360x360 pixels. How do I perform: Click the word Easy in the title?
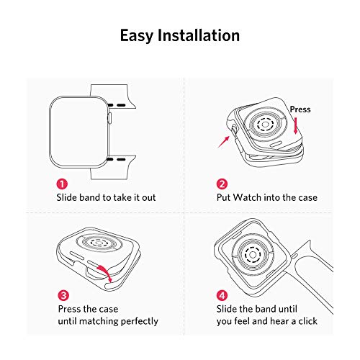click(136, 36)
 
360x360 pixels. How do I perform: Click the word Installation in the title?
click(199, 35)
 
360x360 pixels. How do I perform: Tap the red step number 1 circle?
click(62, 184)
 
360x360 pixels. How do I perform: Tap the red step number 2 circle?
click(222, 184)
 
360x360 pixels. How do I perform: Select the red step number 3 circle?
click(63, 295)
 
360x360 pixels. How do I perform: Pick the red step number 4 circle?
click(222, 295)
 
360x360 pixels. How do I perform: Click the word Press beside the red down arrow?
click(300, 109)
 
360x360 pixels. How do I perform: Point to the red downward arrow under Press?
click(296, 125)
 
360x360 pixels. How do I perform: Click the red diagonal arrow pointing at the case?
click(224, 142)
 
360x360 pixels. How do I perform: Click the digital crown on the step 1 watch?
click(110, 118)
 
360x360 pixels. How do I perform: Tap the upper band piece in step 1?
click(112, 96)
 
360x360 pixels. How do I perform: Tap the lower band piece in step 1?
click(113, 167)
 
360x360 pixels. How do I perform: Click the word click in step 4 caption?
click(307, 321)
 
